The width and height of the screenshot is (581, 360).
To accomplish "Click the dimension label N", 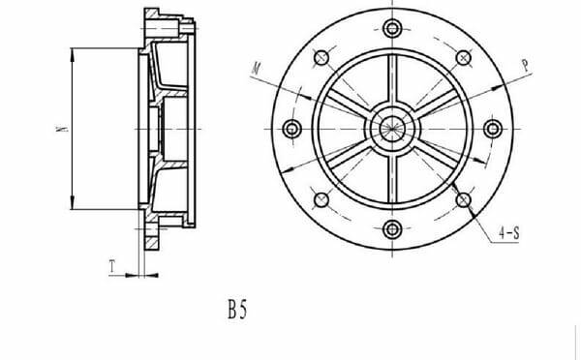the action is (63, 129).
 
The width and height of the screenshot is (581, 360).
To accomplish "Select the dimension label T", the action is (112, 267).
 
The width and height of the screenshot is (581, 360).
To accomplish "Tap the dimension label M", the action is (256, 69).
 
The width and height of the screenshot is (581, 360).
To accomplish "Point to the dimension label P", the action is (526, 66).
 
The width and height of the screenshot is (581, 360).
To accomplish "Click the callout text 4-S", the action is (509, 233).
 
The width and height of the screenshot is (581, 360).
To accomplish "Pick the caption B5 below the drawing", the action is (237, 310).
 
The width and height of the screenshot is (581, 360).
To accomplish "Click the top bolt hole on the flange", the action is (392, 28).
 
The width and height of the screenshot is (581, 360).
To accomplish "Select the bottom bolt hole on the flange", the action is (392, 229).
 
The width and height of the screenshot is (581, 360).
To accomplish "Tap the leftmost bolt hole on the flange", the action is (292, 129).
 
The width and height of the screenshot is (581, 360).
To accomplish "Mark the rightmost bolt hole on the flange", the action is (493, 129).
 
